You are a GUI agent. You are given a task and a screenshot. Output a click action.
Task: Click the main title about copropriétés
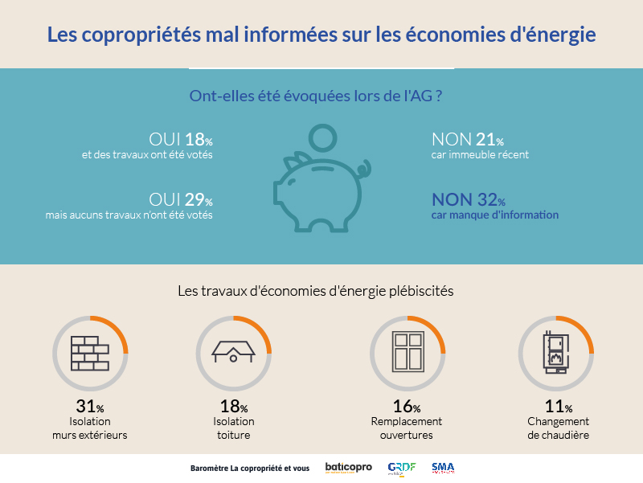tap(321, 35)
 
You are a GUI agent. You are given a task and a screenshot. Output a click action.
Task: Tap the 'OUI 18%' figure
tap(181, 138)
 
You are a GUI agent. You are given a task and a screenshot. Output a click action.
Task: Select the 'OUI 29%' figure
tap(181, 199)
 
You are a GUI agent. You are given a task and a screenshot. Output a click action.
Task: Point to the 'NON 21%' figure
tap(468, 138)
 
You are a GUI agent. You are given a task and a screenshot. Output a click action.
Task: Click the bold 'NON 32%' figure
tap(469, 199)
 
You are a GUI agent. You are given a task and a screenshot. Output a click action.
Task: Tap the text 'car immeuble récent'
tap(480, 154)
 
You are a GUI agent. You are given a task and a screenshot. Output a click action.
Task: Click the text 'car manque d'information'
tap(494, 215)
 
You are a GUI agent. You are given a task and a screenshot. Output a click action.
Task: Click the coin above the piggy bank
tap(325, 137)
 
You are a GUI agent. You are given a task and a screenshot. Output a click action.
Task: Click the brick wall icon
tap(89, 353)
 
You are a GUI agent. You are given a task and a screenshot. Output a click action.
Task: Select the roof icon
tap(233, 353)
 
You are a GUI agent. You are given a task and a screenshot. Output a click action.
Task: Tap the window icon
tap(408, 353)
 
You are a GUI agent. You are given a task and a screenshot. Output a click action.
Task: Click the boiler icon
tap(555, 353)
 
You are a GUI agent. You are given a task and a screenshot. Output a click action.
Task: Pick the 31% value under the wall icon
tap(89, 407)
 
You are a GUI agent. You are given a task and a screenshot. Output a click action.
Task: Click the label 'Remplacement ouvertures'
tap(407, 428)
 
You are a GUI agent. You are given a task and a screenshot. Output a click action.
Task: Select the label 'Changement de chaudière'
tap(558, 428)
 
